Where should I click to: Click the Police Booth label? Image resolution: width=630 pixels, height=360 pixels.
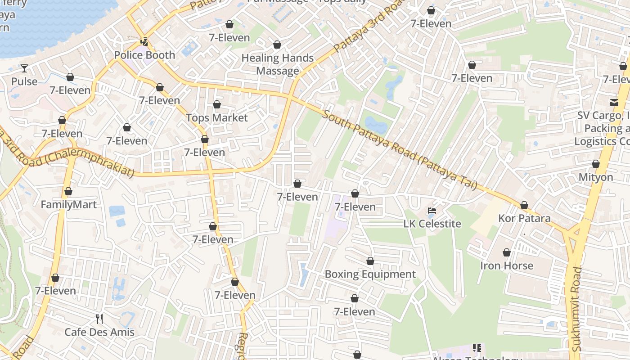(x=144, y=55)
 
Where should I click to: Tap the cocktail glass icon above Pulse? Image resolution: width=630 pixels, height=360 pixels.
(x=24, y=68)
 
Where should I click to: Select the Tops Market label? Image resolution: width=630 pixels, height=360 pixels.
(x=217, y=117)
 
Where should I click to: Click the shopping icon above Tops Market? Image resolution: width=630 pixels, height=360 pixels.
(x=217, y=104)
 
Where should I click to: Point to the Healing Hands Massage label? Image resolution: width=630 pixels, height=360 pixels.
(x=278, y=64)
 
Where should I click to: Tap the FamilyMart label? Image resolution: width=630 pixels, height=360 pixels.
(x=68, y=205)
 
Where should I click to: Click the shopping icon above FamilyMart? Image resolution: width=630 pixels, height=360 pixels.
(x=68, y=192)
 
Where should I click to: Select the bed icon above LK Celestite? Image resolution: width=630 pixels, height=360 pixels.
(x=432, y=211)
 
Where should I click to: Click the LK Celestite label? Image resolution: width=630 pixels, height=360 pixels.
(x=432, y=224)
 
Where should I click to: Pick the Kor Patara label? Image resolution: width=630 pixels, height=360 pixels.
(x=524, y=218)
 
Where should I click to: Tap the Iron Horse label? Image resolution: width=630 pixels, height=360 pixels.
(x=507, y=265)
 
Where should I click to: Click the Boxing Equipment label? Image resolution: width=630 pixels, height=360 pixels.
(x=370, y=274)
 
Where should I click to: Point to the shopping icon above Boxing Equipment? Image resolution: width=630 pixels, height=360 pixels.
(x=370, y=261)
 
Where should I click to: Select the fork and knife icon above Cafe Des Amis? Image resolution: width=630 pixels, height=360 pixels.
(x=99, y=319)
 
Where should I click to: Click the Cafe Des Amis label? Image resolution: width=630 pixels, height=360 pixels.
(x=99, y=332)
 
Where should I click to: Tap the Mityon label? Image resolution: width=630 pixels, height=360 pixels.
(x=596, y=177)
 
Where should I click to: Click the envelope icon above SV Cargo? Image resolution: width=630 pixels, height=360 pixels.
(x=614, y=102)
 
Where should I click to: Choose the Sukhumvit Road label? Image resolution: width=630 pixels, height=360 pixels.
(x=576, y=310)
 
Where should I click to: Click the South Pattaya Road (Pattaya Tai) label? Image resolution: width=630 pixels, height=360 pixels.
(x=400, y=151)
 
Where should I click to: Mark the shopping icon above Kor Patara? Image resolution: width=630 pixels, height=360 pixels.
(x=524, y=205)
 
